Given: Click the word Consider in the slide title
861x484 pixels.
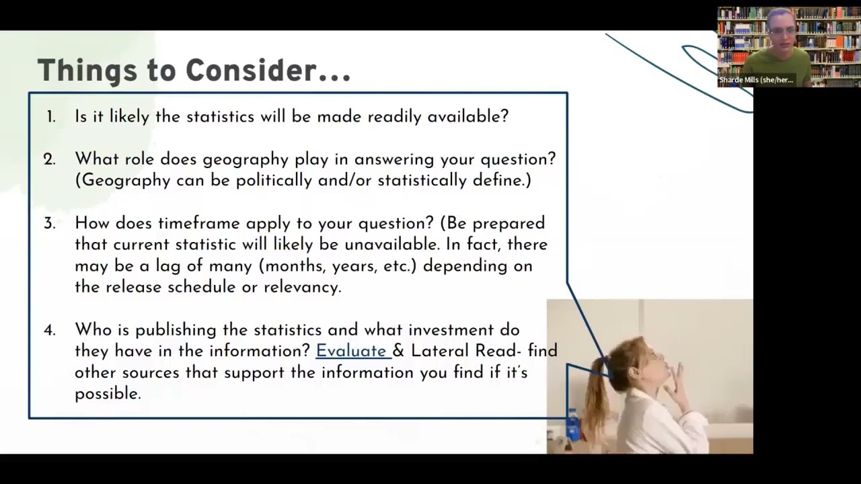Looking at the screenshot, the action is coord(251,70).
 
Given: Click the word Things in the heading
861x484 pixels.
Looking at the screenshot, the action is coord(87,71).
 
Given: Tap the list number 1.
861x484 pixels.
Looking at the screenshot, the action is coord(51,117).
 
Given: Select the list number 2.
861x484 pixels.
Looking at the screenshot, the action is coord(50,159).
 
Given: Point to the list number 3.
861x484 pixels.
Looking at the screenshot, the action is coord(50,223).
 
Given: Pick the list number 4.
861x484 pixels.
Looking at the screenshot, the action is coord(50,330).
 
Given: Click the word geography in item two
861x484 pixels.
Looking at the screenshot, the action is coord(246,160).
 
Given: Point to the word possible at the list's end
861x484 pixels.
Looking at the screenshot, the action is coord(108,395).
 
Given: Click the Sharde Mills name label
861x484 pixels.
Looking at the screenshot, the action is coord(756,80).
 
